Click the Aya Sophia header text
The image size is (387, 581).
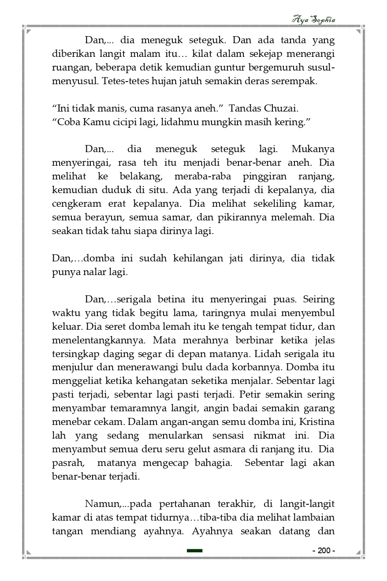(313, 20)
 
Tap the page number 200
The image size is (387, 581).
(324, 551)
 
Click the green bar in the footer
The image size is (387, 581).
(194, 551)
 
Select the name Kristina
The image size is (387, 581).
(317, 422)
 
